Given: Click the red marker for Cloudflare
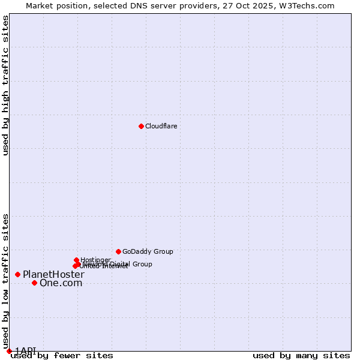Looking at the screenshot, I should [x=141, y=126].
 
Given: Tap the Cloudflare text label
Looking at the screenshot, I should [x=161, y=126].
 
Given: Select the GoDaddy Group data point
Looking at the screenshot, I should [x=118, y=251].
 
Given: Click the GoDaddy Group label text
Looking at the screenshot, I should [x=148, y=252].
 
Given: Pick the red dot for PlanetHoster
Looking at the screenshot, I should [x=17, y=274].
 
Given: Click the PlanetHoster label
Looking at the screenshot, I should [x=53, y=274].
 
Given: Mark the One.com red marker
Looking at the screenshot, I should [x=34, y=283].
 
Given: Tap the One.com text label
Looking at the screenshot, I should [x=61, y=283].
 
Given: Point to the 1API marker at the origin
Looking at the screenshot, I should [x=9, y=351].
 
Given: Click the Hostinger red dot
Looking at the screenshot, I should [x=76, y=260].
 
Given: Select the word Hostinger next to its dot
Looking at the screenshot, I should [x=95, y=260].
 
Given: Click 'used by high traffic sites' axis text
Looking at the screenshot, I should [x=6, y=85].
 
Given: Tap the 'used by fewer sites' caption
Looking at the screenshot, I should [x=62, y=356].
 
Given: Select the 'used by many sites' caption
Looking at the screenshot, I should [x=301, y=356].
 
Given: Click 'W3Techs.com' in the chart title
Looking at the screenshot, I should [x=310, y=5].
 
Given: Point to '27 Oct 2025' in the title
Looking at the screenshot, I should [x=258, y=5].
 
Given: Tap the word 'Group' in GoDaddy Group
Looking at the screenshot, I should [x=163, y=252].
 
